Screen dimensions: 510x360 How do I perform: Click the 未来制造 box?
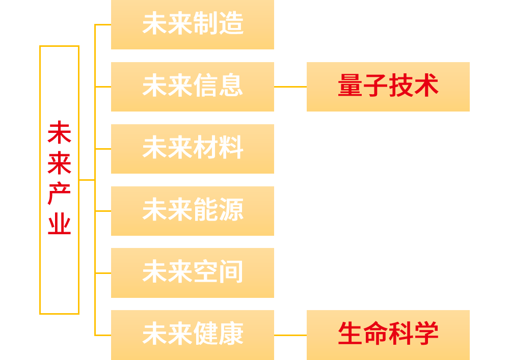tap(193, 24)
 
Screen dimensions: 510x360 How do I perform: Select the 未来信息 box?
tap(193, 87)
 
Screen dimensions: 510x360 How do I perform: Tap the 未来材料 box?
tap(193, 149)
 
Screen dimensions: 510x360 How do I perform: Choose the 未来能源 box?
tap(193, 211)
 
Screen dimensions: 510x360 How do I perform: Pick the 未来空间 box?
tap(193, 273)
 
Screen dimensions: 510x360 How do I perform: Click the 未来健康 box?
tap(193, 335)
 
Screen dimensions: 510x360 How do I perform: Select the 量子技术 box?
tap(388, 87)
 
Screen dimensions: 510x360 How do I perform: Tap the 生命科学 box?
tap(388, 335)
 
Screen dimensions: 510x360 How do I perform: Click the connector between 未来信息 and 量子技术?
tap(290, 87)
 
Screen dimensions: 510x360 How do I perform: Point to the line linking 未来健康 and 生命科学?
tap(290, 335)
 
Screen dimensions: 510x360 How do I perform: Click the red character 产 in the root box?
tap(59, 194)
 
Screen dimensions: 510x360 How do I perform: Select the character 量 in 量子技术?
tap(350, 85)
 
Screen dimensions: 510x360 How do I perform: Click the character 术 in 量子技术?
tap(426, 85)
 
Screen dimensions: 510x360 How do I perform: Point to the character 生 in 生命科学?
tap(350, 334)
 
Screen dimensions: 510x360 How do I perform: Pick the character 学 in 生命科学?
tap(426, 334)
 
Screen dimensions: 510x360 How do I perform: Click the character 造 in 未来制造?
tap(231, 23)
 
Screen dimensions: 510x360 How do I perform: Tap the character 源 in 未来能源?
tap(231, 210)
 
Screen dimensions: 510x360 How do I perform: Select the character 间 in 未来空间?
tap(231, 271)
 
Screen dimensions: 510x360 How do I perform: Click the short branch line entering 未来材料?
tap(103, 149)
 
